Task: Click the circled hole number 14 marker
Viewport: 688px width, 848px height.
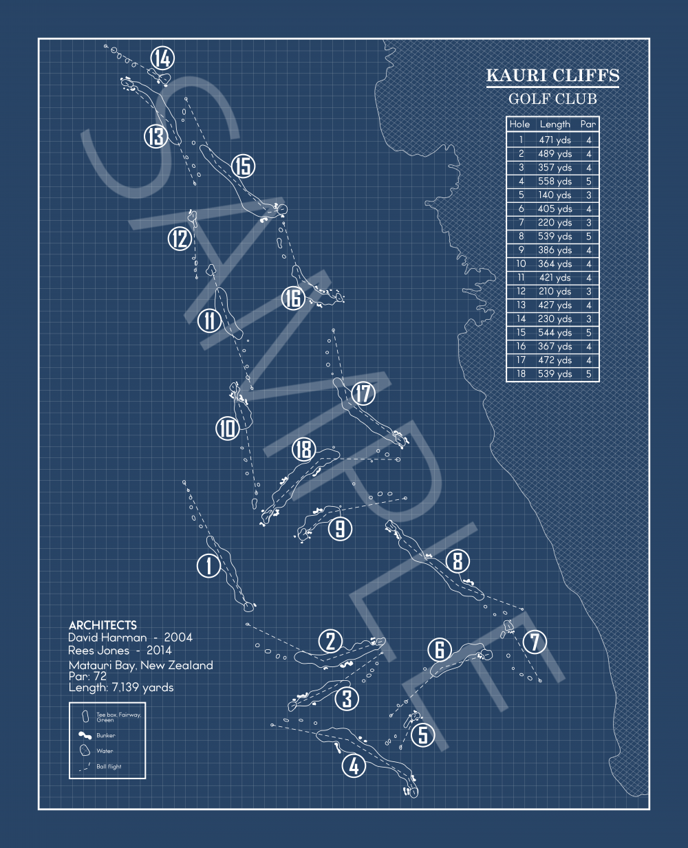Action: click(162, 58)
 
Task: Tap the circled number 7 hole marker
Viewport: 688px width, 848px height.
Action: click(535, 642)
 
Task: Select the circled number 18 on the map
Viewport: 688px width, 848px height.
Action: click(304, 450)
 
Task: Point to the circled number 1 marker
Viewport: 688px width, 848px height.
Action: click(208, 566)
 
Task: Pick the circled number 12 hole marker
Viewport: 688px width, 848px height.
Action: click(180, 239)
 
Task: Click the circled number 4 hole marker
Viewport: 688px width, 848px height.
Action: click(354, 765)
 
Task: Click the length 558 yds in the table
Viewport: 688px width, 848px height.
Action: click(555, 182)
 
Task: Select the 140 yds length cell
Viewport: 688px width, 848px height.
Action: click(555, 195)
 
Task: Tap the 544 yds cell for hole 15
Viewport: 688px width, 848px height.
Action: click(555, 333)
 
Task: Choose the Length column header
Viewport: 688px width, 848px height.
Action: click(555, 124)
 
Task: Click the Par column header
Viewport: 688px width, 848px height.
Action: click(588, 124)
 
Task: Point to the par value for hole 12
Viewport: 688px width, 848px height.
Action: click(589, 292)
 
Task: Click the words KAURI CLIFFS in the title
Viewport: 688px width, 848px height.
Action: click(552, 76)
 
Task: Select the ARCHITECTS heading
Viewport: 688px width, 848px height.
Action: click(103, 625)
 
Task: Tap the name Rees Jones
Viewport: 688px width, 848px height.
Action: click(99, 651)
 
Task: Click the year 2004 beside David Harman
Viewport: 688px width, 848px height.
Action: click(178, 638)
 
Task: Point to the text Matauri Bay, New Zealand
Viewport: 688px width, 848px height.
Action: click(140, 665)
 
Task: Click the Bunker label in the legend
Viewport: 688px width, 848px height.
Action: click(105, 736)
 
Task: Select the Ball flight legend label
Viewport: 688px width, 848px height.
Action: click(109, 766)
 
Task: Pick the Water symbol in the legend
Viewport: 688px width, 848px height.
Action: click(85, 750)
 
